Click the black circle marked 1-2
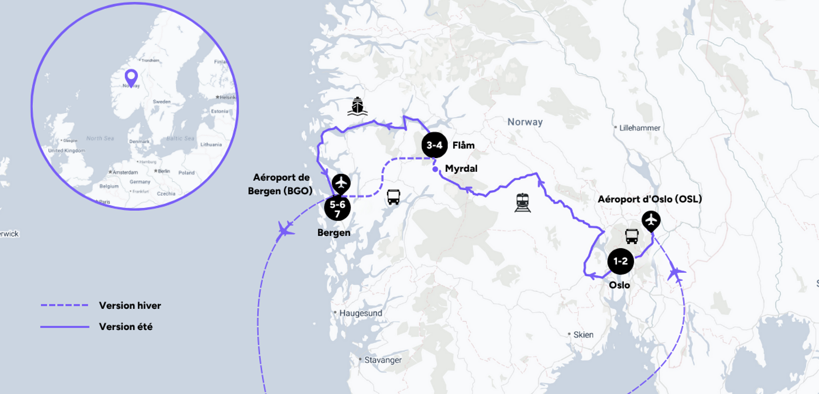[x=620, y=261]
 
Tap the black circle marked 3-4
[x=434, y=145]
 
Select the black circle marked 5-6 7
[x=337, y=208]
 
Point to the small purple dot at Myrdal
[x=435, y=169]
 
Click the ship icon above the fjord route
[x=357, y=106]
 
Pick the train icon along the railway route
[x=523, y=202]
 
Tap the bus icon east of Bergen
[x=394, y=197]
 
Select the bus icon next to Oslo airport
[x=631, y=236]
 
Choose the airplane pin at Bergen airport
[x=341, y=184]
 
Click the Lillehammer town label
[x=639, y=128]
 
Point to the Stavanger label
[x=383, y=360]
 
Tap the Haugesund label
[x=360, y=313]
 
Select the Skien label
[x=583, y=335]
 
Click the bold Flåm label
[x=463, y=145]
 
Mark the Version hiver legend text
[x=130, y=306]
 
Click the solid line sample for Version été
[x=64, y=327]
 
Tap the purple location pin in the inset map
[x=131, y=77]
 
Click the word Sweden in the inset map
[x=162, y=101]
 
